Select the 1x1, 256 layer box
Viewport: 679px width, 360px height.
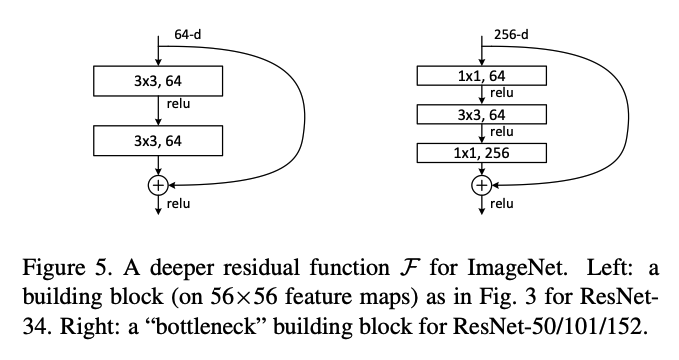pyautogui.click(x=482, y=153)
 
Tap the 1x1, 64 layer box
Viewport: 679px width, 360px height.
pyautogui.click(x=482, y=75)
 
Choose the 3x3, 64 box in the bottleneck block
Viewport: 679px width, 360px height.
pyautogui.click(x=482, y=114)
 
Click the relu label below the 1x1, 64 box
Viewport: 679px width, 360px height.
pyautogui.click(x=503, y=93)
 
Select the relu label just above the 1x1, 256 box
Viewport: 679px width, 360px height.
pyautogui.click(x=503, y=131)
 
